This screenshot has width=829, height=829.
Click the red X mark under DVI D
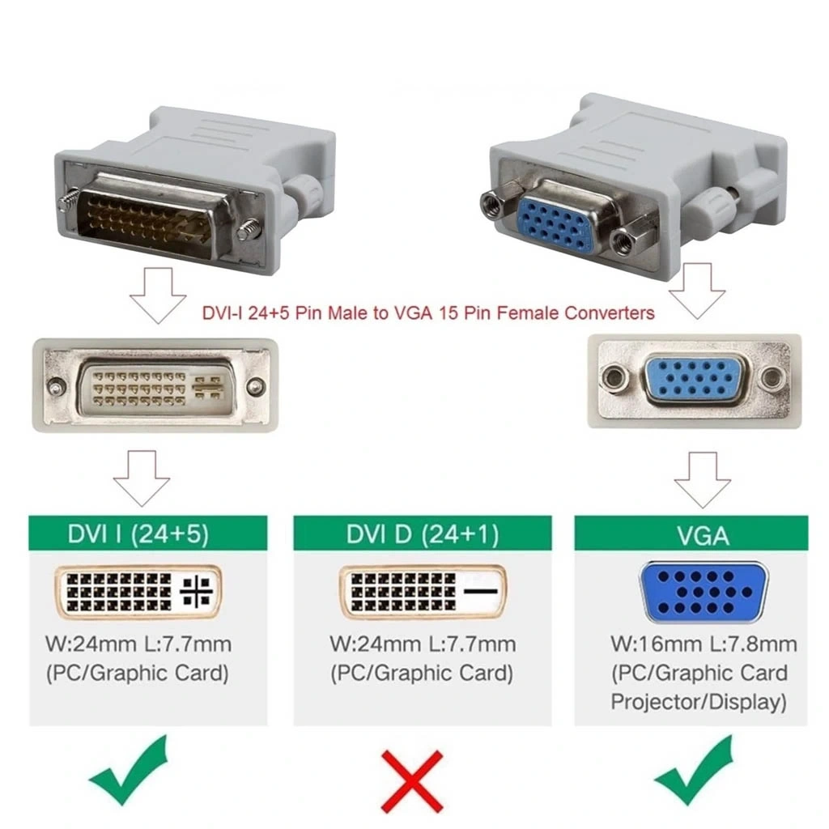(412, 780)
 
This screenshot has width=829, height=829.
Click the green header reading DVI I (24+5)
(148, 534)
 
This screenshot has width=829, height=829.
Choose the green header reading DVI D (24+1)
(423, 534)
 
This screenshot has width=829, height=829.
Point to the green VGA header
(691, 534)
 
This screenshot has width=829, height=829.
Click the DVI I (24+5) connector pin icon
(138, 592)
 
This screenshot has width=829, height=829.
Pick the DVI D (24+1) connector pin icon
(423, 592)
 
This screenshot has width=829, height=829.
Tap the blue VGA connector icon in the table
(704, 592)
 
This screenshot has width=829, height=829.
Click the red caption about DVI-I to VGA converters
(428, 313)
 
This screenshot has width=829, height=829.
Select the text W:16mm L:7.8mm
(704, 644)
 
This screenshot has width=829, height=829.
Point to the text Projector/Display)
(699, 702)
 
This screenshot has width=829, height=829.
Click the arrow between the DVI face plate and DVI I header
(142, 478)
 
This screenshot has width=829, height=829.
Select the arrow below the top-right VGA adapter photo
(697, 291)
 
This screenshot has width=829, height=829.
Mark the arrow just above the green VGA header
(702, 479)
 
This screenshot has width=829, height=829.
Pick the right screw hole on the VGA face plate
(772, 377)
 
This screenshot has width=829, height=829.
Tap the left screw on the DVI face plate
(55, 386)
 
